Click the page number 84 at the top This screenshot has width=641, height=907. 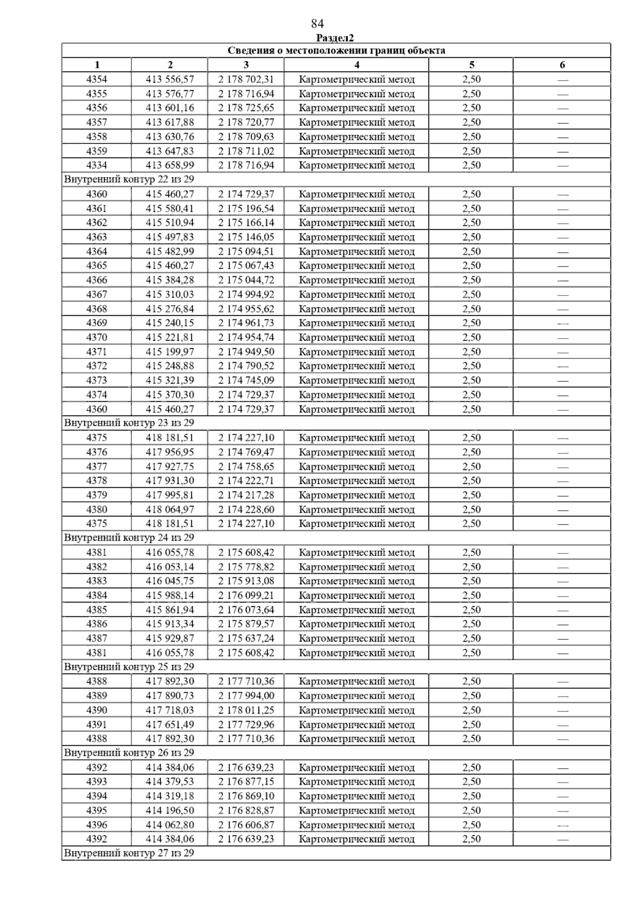[317, 24]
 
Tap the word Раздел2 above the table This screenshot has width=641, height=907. [335, 38]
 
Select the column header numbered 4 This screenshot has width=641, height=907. [356, 65]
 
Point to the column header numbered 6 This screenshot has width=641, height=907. [562, 65]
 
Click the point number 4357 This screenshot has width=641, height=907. [97, 122]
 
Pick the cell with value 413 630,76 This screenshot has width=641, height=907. [170, 137]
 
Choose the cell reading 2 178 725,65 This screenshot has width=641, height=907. [246, 108]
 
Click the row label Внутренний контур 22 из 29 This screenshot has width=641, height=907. [129, 179]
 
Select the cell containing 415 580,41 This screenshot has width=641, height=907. [170, 208]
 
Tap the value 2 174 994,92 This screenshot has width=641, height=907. [246, 294]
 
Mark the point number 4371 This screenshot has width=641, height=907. [97, 352]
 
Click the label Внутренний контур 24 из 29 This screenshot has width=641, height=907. [129, 538]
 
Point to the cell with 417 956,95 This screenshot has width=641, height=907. [170, 452]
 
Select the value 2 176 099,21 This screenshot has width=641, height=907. [246, 596]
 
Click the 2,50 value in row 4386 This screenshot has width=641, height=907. [471, 624]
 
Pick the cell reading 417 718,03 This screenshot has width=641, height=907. [170, 710]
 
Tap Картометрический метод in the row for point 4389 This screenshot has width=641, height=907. [356, 696]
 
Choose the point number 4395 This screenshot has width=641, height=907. [97, 811]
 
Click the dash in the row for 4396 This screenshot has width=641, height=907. [562, 825]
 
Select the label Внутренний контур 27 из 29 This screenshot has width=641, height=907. [129, 853]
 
